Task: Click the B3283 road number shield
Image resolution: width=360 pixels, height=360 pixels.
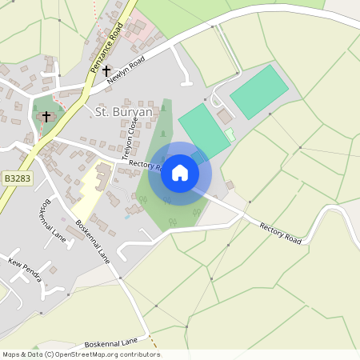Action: click(x=16, y=179)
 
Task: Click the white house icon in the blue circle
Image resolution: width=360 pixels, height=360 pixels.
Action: click(x=180, y=172)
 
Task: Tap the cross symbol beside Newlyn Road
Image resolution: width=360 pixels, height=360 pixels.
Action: click(x=106, y=71)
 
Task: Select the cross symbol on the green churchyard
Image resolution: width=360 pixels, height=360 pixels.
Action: click(x=46, y=117)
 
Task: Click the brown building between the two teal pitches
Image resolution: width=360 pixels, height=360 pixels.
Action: click(x=225, y=117)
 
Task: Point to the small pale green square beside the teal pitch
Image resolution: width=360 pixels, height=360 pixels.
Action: click(x=230, y=134)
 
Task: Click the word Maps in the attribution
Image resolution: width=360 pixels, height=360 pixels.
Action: click(x=12, y=354)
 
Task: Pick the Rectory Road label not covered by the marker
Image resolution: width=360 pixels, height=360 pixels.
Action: click(x=280, y=233)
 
